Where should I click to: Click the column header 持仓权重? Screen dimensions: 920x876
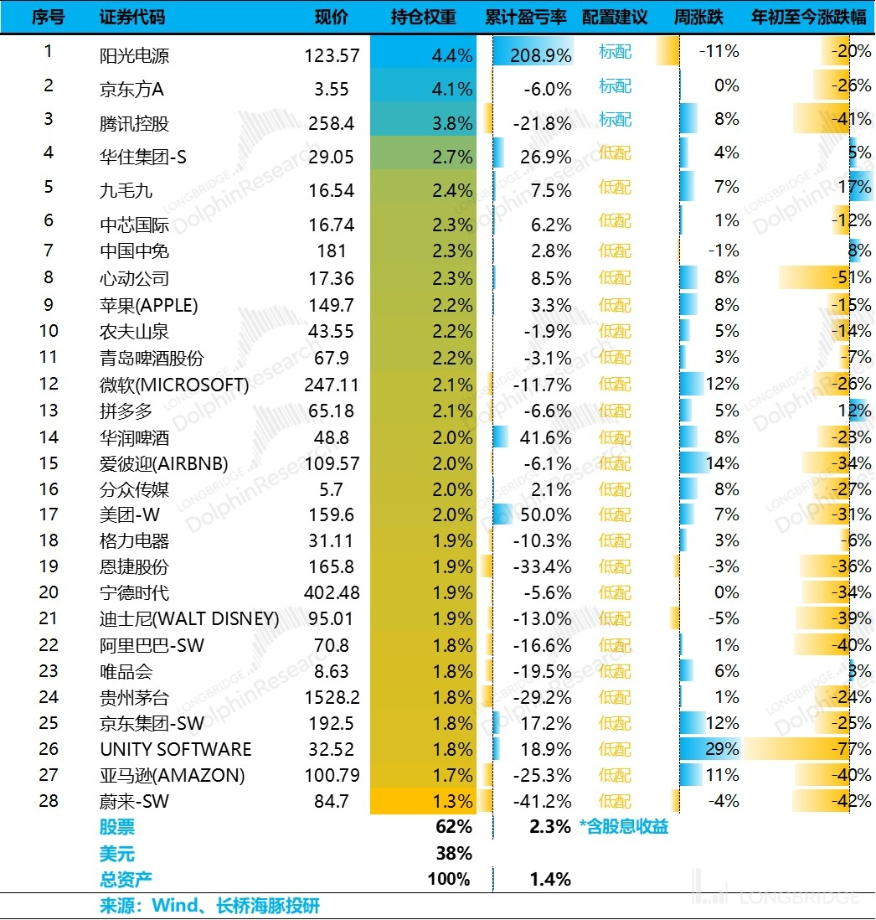(423, 18)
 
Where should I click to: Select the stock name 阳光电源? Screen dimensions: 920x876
(134, 56)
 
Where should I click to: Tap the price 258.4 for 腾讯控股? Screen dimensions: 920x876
(332, 123)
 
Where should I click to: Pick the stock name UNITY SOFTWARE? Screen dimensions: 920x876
(175, 749)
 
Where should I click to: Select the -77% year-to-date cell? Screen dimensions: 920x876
(853, 749)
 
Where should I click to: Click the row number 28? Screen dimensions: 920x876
(49, 800)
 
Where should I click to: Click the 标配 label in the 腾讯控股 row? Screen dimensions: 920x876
(615, 120)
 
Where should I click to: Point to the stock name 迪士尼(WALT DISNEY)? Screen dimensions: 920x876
(189, 619)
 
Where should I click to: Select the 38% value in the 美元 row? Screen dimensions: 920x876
(453, 854)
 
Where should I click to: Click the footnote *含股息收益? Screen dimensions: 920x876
(623, 828)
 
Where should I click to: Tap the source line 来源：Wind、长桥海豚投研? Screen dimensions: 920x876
(209, 906)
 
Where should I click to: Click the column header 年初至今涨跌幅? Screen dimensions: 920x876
(809, 18)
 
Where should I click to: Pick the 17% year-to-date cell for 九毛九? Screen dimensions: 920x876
(857, 187)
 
